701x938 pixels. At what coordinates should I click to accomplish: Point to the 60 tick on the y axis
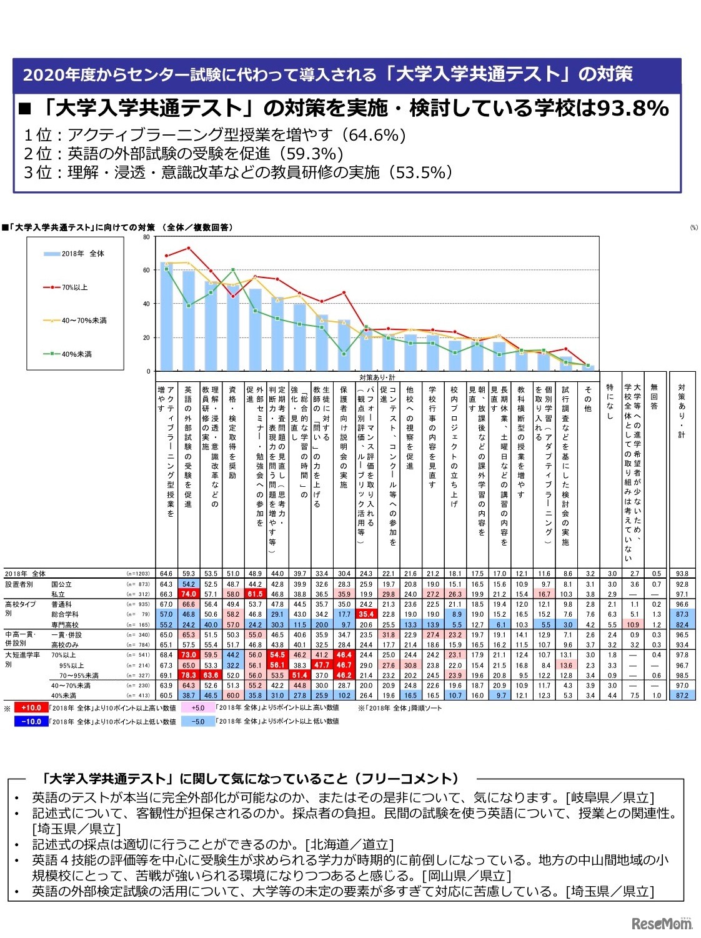[147, 271]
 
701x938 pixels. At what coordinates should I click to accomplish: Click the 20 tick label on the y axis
[147, 338]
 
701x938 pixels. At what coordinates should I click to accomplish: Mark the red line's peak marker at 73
[188, 248]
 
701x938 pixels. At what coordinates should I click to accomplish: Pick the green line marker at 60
[232, 270]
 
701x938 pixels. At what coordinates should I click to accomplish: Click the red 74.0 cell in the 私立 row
[188, 594]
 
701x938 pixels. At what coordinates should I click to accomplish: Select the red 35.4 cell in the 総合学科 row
[366, 615]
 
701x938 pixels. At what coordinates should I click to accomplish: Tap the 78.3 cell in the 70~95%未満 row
[188, 676]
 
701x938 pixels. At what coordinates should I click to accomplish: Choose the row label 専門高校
[65, 625]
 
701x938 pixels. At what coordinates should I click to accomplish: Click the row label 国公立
[61, 584]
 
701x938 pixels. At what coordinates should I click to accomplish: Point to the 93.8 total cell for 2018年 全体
[682, 574]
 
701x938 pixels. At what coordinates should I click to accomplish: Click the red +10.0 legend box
[31, 708]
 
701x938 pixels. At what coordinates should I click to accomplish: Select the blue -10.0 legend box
[31, 722]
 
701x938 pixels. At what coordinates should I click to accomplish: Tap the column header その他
[588, 400]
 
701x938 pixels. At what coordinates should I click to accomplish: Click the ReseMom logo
[662, 923]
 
